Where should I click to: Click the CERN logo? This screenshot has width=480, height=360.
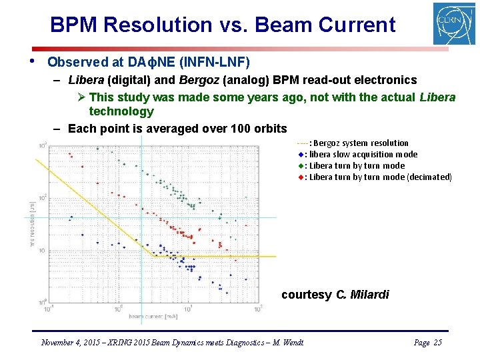[x=454, y=24]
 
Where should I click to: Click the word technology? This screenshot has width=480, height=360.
[x=121, y=111]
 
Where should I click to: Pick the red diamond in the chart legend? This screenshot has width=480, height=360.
[x=301, y=177]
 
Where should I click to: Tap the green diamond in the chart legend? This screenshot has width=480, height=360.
[x=301, y=166]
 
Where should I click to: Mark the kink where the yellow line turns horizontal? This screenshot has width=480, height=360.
[x=154, y=256]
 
